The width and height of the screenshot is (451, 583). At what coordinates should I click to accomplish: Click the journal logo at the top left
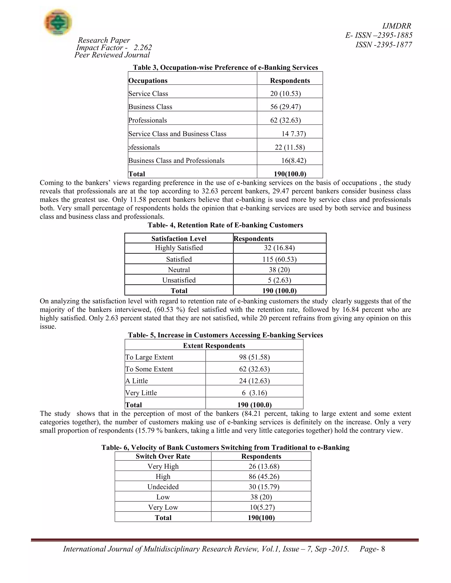58,22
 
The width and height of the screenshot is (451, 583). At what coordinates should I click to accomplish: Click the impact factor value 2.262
143,48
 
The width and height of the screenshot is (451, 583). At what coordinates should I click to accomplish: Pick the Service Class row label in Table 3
148,94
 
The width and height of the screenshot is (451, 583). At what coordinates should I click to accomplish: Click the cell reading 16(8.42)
294,160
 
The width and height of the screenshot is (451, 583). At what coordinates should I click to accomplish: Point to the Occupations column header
148,81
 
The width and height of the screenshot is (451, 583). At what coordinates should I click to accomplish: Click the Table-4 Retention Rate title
225,225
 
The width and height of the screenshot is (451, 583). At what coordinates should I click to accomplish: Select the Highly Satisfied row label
179,248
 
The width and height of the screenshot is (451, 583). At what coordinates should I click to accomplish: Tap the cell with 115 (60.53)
279,259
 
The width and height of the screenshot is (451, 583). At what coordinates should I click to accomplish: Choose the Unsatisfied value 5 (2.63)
279,280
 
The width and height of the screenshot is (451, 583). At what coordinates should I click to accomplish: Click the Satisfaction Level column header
179,238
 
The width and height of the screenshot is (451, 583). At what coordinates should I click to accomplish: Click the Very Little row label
141,393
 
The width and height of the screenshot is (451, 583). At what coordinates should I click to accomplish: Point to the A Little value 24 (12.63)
254,381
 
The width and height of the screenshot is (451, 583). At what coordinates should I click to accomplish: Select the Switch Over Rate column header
163,456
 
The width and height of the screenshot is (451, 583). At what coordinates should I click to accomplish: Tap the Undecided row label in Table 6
163,487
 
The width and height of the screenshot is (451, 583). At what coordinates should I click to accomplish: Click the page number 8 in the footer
383,549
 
